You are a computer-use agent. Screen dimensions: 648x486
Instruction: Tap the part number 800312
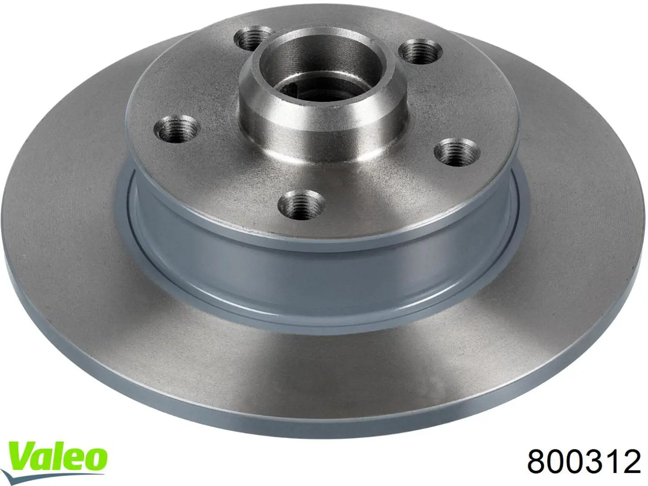tap(584, 469)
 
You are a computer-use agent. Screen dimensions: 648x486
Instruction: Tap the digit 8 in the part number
tap(537, 469)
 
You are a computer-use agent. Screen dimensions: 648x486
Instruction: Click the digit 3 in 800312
tap(594, 469)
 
